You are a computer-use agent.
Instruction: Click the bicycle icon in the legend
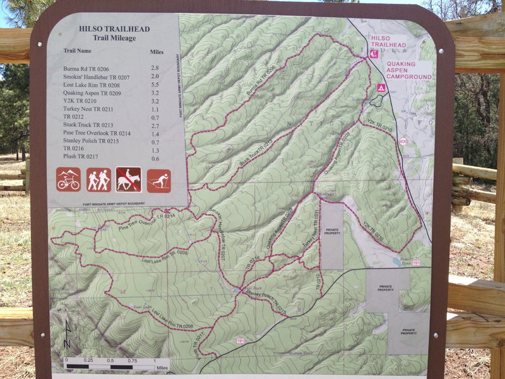tap(68, 179)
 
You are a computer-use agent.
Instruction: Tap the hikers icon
tap(98, 179)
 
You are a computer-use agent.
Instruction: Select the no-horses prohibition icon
tap(129, 179)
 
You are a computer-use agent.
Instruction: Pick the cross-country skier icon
tap(159, 181)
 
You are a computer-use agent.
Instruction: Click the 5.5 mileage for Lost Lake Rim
tap(155, 84)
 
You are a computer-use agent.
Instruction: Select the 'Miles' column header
tap(157, 51)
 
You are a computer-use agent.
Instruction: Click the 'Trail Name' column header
tap(78, 51)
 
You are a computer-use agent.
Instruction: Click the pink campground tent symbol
tap(381, 87)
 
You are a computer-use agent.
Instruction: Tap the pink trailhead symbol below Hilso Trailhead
tap(374, 54)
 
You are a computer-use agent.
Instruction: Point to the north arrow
tap(68, 335)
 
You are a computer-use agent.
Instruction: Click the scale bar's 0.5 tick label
tap(110, 360)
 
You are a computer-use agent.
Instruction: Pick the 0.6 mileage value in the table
tap(155, 158)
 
